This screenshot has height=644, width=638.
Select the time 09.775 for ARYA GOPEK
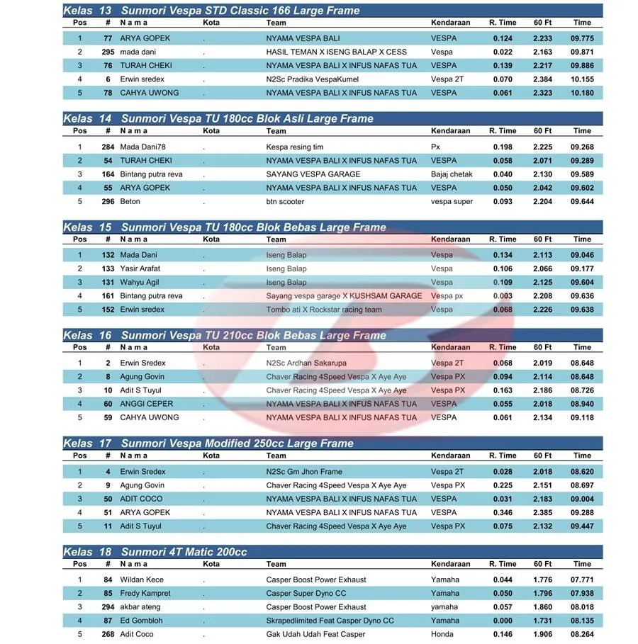[x=582, y=38]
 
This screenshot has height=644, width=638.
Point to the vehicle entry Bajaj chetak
[x=452, y=174]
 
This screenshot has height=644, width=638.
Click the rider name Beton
[x=130, y=202]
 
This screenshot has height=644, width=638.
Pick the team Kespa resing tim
[x=295, y=147]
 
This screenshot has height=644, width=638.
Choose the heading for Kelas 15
[x=225, y=227]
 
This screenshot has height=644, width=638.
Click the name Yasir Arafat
[x=140, y=269]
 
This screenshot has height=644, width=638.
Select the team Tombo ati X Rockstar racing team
[x=324, y=310]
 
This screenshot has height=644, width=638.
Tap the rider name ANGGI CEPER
[x=146, y=404]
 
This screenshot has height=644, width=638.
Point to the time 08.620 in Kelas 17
[x=582, y=472]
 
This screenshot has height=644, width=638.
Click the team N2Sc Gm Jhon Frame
[x=304, y=472]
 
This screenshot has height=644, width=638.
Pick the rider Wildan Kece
[x=142, y=580]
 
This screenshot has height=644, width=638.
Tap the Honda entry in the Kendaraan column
[x=442, y=635]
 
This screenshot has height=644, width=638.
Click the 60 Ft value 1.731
[x=542, y=621]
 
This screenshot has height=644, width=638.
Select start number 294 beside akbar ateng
[x=108, y=607]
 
